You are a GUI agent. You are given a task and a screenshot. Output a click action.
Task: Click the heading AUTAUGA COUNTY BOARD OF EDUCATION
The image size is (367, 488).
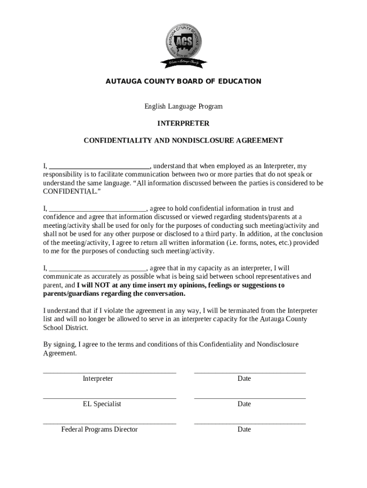183,81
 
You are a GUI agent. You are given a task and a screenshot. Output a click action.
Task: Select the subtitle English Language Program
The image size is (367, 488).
183,106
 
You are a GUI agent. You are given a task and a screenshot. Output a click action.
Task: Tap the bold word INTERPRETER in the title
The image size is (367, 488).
183,123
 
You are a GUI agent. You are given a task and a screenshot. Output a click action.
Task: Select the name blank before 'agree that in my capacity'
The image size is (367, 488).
98,269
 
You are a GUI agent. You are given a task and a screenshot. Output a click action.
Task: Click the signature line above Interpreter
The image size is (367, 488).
110,372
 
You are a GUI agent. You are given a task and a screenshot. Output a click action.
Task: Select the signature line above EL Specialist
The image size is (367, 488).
110,397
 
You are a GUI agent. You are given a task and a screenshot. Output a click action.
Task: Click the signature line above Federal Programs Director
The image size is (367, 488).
110,423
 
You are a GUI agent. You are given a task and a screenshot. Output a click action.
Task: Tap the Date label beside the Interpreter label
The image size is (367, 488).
244,379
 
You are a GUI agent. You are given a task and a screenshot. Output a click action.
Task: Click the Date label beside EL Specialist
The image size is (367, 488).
244,404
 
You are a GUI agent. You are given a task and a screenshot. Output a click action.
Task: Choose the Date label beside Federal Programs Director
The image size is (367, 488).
244,430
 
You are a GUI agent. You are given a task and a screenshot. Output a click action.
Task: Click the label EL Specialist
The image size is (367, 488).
102,404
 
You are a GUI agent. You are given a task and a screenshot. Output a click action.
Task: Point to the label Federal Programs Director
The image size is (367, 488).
99,430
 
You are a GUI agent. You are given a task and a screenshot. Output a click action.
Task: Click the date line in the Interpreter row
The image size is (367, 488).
250,372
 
